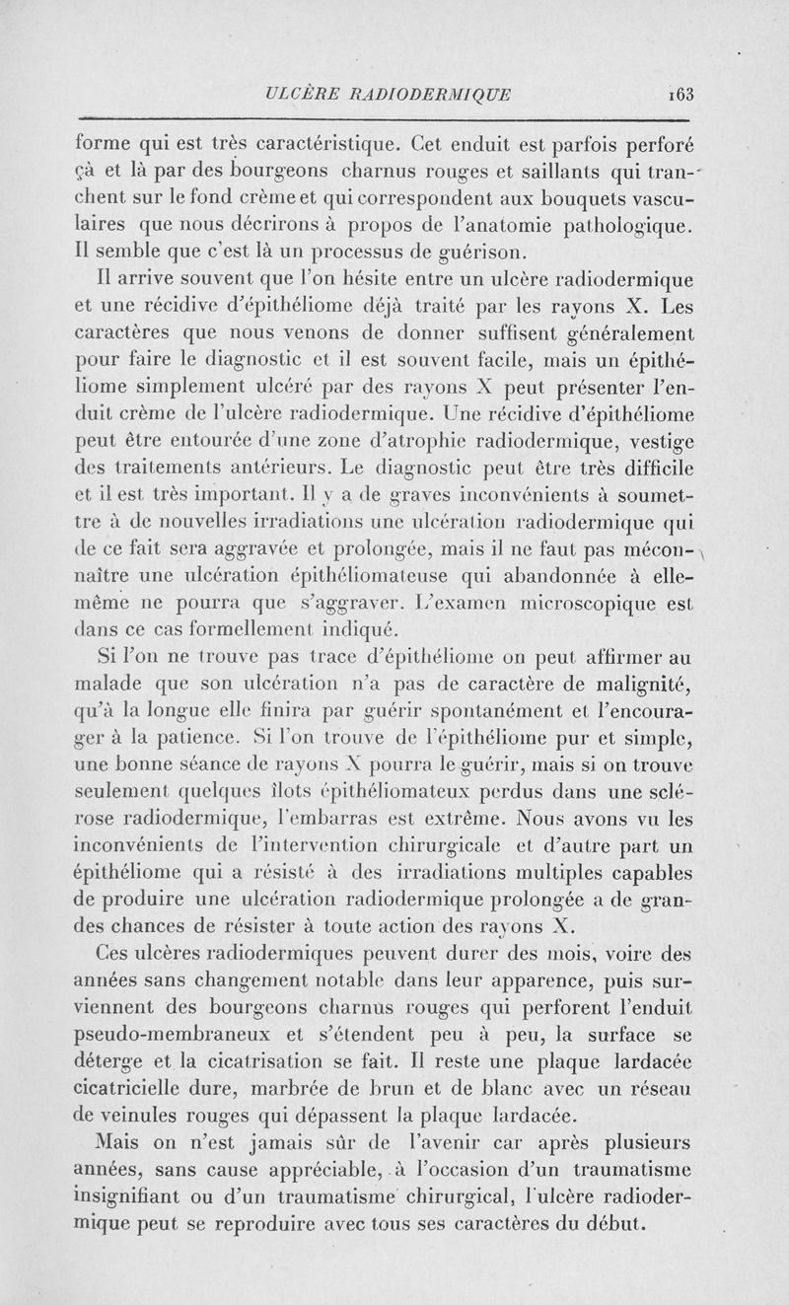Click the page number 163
click(681, 95)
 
